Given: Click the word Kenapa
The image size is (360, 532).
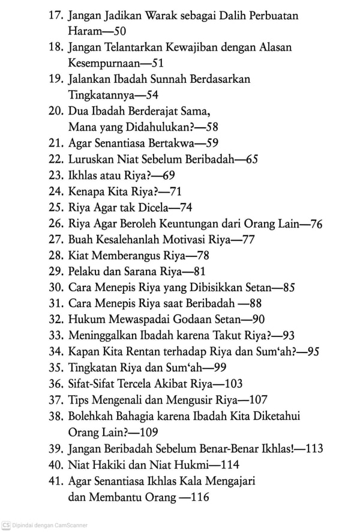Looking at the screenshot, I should pos(85,192).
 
